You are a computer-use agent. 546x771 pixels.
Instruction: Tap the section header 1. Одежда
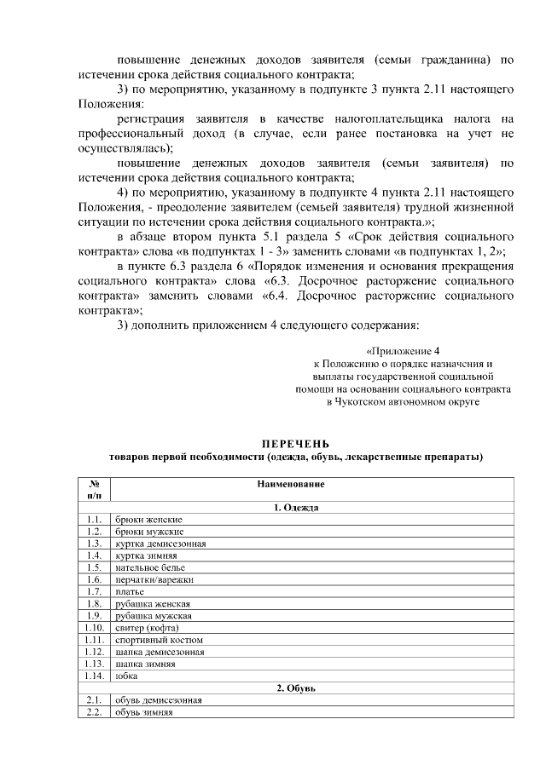tap(296, 508)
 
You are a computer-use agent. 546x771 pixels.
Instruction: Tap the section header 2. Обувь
tap(296, 688)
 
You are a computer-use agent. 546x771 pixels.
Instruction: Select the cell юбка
tap(127, 676)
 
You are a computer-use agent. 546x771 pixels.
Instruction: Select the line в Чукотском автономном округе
tap(403, 401)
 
